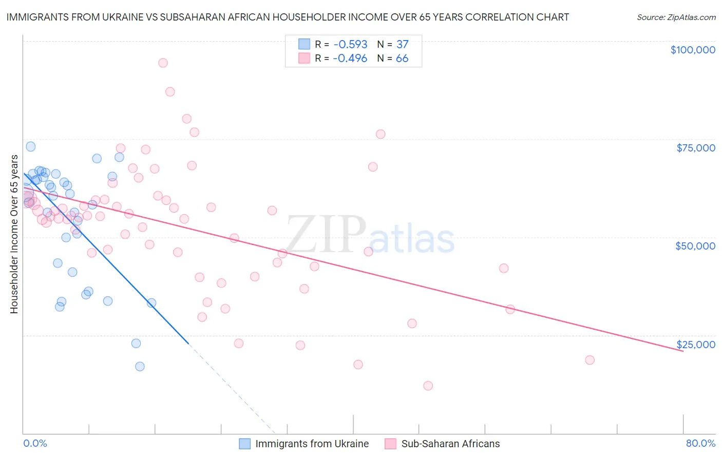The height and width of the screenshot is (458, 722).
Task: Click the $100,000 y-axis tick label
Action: coord(692,50)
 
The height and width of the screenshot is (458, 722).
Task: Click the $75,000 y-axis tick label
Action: coord(695,148)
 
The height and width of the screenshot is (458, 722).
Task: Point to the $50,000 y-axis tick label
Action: coord(695,246)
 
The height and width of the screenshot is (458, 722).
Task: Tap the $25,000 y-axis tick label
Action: coord(695,345)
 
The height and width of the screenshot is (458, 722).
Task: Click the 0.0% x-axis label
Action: coord(35,443)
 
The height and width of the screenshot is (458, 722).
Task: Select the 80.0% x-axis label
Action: coord(700,443)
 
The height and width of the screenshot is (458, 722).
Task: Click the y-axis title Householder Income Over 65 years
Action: coord(14,234)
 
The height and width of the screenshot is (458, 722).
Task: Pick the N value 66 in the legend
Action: coord(402,59)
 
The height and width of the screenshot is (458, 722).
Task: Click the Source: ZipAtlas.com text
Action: coord(676,17)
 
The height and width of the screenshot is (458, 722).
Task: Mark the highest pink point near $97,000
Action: coord(163,63)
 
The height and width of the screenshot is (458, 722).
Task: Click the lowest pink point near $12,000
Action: coord(428,386)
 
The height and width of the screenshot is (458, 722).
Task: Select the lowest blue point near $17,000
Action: coord(140,366)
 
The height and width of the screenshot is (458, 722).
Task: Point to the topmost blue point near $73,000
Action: coord(31,146)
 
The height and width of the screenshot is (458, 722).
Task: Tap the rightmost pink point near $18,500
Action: coord(590,360)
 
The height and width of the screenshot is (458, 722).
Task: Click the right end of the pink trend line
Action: coord(683,351)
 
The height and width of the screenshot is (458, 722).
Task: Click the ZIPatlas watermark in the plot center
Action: coord(370,235)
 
